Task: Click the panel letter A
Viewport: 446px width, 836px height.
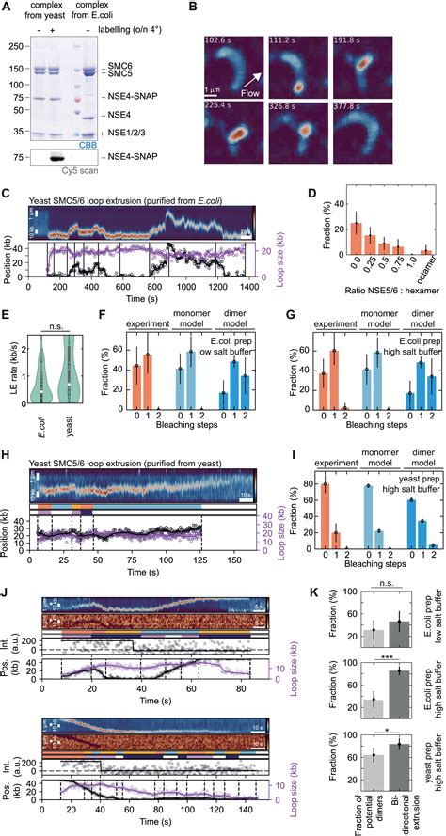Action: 8,8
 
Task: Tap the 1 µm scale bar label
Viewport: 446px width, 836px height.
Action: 220,87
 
